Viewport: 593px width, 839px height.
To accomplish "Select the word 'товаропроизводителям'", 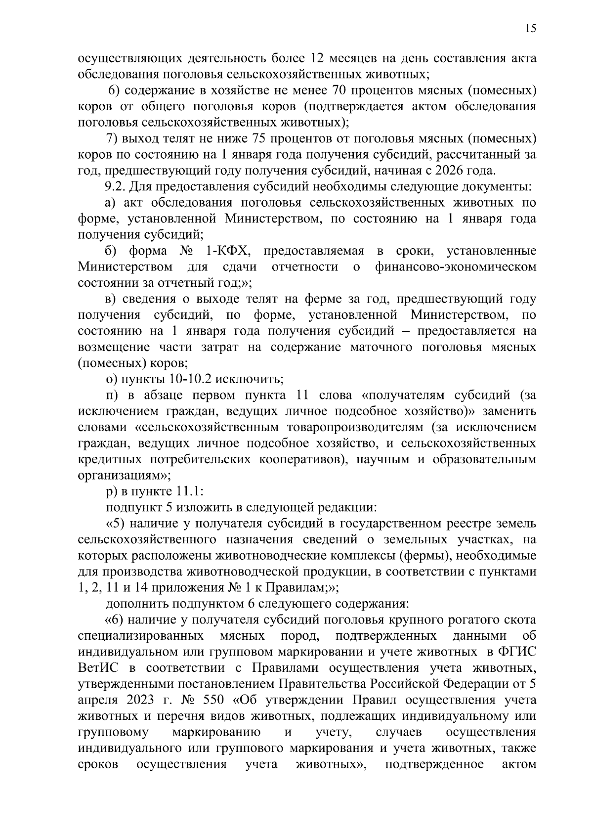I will pyautogui.click(x=353, y=428).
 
